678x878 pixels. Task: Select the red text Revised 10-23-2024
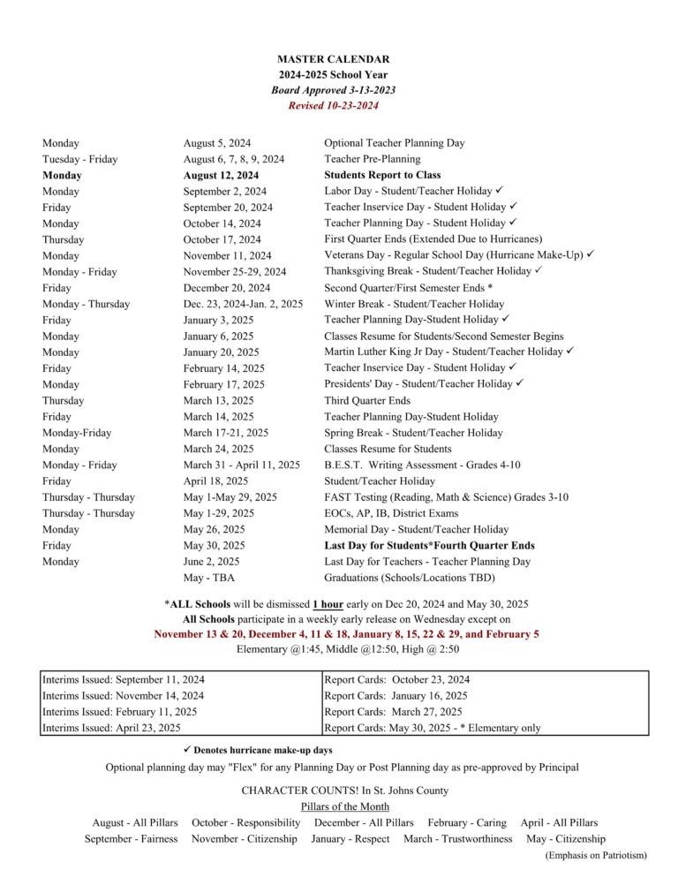tap(333, 106)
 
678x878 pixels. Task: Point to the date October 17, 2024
tap(222, 239)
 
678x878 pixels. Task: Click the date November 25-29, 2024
tap(234, 271)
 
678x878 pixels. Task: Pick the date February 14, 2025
tap(223, 368)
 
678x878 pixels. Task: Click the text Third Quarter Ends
tap(367, 400)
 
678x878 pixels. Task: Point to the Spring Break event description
tap(413, 433)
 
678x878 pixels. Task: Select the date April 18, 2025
tap(215, 481)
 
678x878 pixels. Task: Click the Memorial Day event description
tap(416, 529)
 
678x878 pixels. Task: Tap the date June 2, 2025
tap(211, 562)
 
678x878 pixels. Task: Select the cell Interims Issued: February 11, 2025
tap(120, 712)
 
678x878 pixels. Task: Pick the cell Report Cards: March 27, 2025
tap(393, 712)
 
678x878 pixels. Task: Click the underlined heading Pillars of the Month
tap(344, 806)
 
